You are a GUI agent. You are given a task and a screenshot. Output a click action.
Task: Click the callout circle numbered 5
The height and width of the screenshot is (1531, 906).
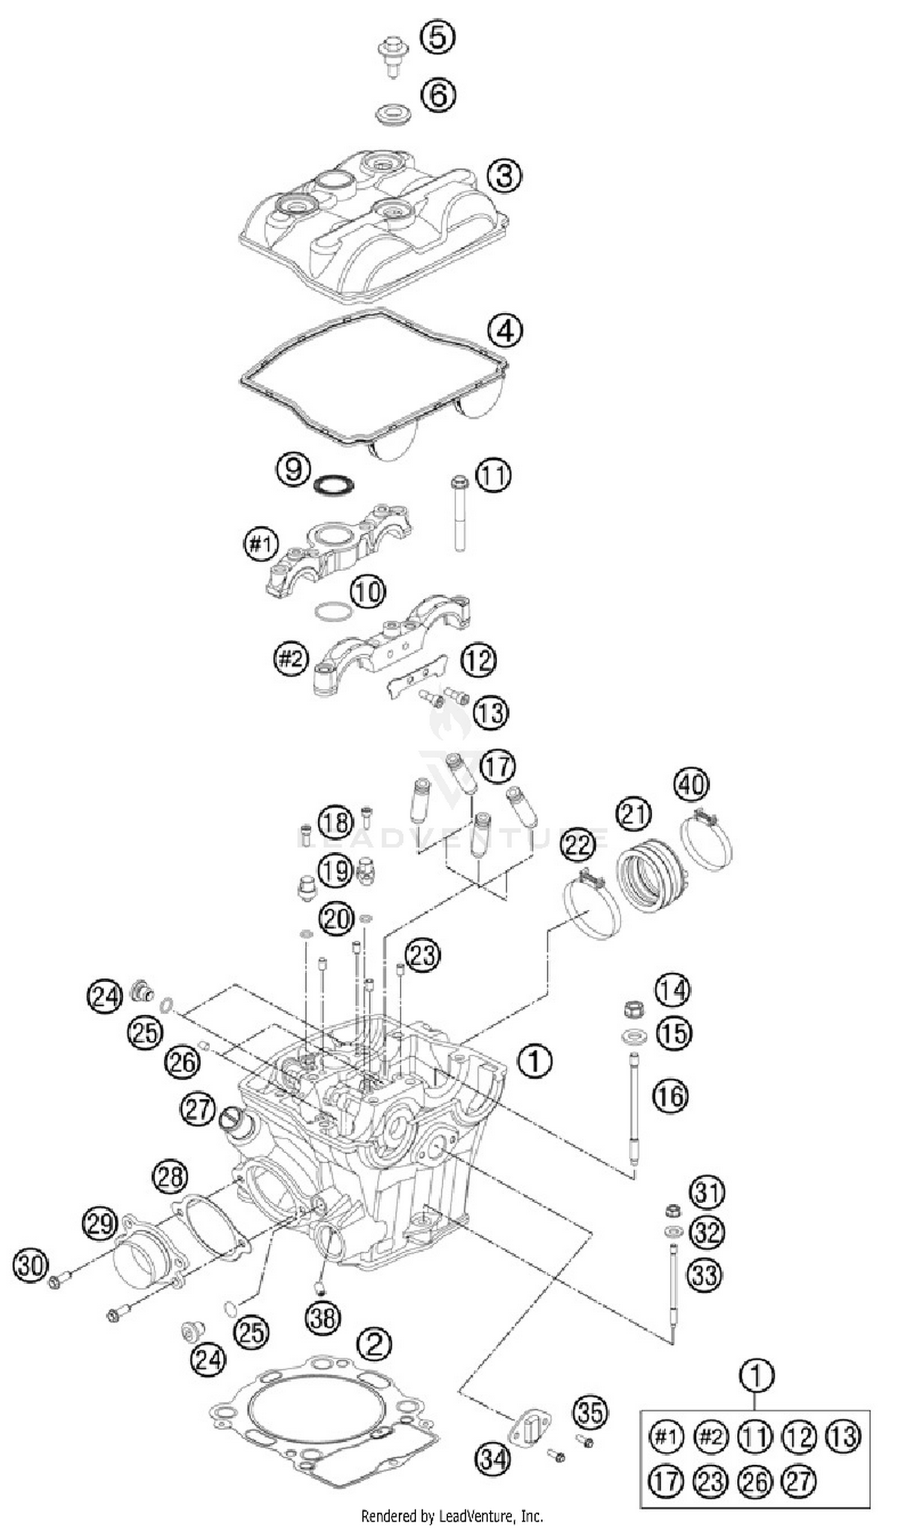[438, 37]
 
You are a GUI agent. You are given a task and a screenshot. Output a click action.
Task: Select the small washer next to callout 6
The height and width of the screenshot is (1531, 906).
[387, 114]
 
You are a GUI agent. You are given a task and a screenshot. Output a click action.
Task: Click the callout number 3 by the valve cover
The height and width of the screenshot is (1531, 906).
[504, 176]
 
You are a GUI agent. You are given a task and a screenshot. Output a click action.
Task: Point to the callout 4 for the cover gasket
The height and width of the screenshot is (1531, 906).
[505, 330]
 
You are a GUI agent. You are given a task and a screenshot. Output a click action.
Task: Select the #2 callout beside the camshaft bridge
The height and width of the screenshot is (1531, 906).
[291, 660]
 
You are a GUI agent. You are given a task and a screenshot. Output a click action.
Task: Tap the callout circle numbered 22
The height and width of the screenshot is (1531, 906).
[577, 845]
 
